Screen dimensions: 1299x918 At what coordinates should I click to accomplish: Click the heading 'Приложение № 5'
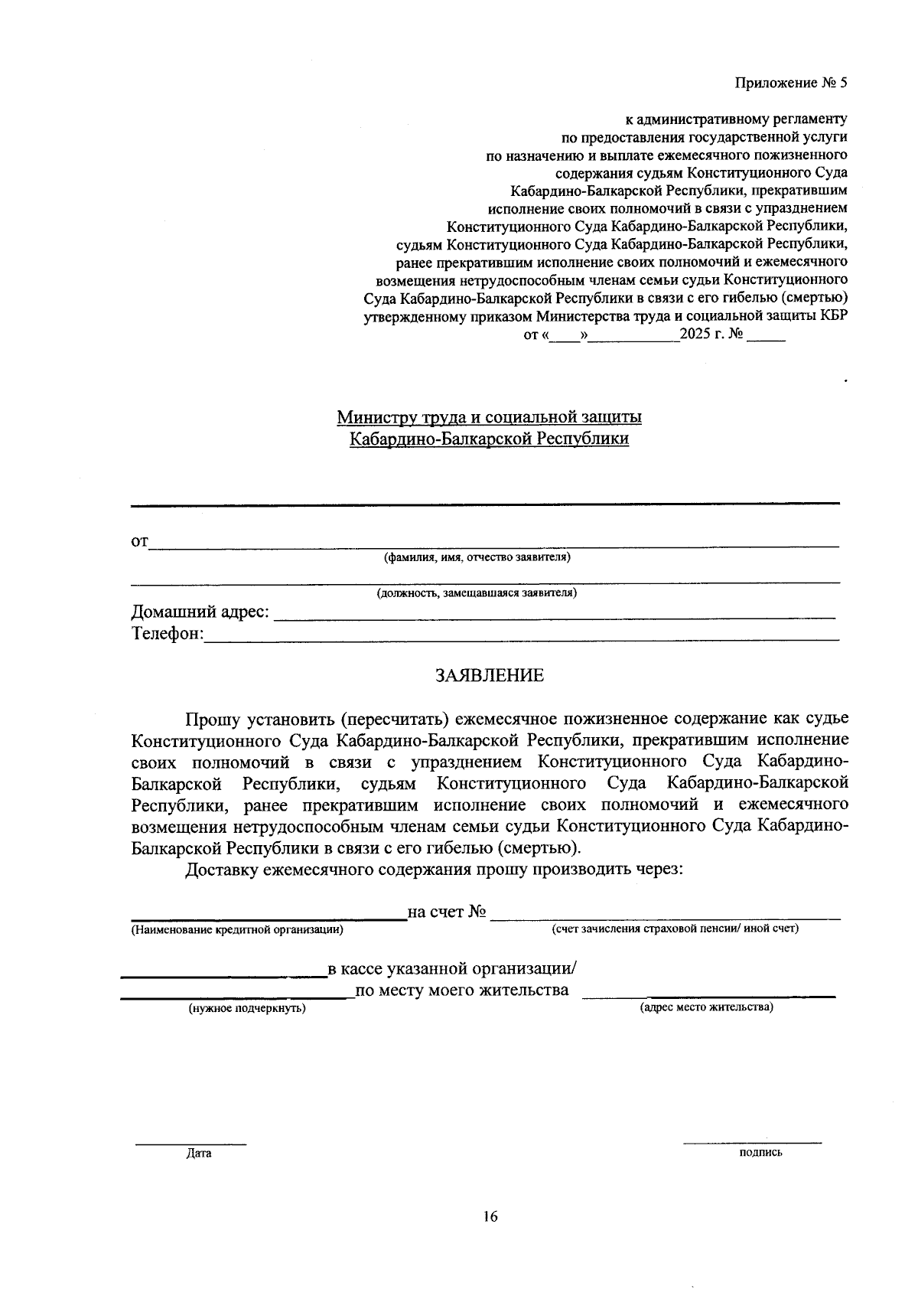coord(791,83)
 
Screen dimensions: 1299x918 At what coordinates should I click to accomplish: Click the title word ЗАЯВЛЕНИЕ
coord(490,675)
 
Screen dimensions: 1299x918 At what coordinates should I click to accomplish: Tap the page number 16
coord(490,1216)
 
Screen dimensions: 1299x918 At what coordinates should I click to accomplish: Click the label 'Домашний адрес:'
coord(200,612)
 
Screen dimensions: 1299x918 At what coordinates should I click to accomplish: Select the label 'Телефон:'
coord(168,634)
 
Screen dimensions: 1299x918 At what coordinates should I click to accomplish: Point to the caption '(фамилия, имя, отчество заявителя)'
coord(477,557)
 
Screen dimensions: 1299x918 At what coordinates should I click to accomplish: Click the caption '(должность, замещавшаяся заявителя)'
coord(477,592)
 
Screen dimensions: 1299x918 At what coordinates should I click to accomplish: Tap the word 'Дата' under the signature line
coord(198,1154)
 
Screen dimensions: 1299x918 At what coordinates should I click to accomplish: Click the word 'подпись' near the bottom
coord(760,1152)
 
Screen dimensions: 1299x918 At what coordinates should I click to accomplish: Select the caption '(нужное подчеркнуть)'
coord(247,1009)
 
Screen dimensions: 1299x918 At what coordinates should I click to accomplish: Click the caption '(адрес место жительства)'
coord(706,1007)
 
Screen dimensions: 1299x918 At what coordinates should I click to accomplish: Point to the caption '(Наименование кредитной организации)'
coord(236,929)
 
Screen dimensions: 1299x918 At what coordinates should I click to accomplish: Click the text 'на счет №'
coord(448,912)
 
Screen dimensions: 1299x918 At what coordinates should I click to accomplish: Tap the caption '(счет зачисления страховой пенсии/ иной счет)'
coord(675,929)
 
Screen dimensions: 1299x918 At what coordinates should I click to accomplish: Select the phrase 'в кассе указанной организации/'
coord(452,969)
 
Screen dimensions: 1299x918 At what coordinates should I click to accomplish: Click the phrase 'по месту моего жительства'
coord(462,991)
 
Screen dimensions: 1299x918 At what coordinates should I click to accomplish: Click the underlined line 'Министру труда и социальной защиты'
coord(490,417)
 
